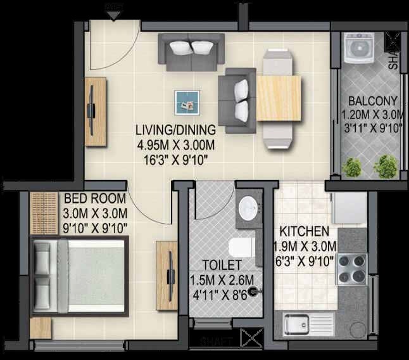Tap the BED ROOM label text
coord(96,199)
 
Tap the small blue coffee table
coord(187,101)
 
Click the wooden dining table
coord(279,98)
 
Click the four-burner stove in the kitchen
coord(352,269)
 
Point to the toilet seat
coord(241,247)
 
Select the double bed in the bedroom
coord(79,276)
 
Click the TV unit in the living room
coord(95,112)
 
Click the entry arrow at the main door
coord(114,13)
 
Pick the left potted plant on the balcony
coord(352,167)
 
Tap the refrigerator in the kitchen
coord(348,207)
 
